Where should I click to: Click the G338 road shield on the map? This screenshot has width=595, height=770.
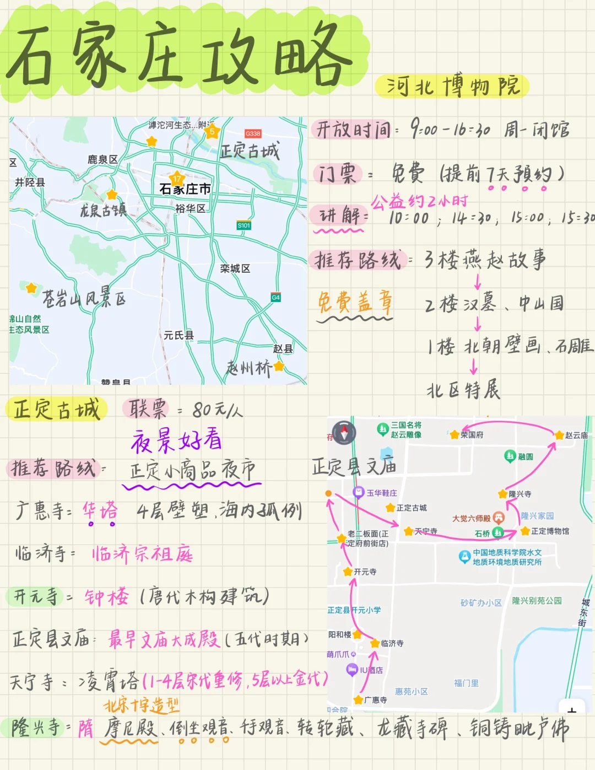253,133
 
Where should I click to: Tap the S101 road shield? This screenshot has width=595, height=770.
244,225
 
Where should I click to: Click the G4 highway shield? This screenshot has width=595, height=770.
275,297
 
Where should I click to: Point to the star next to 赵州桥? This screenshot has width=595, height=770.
279,365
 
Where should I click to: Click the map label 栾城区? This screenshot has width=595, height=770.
235,268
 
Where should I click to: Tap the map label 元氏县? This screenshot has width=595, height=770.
178,335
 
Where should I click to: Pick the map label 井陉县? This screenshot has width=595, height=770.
30,182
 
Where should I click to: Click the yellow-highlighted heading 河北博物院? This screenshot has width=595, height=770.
452,87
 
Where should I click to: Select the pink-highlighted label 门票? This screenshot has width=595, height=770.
337,174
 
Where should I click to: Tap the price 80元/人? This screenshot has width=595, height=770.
217,410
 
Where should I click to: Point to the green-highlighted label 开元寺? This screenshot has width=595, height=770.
35,596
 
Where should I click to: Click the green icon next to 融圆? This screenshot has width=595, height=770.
510,456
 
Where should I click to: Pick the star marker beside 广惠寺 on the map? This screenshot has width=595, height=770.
358,700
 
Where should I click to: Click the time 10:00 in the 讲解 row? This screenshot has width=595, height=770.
409,218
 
